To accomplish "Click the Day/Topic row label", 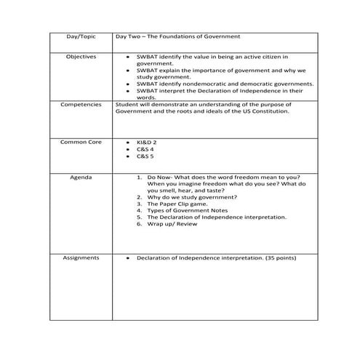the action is click(x=81, y=36).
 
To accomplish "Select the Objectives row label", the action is click(x=81, y=56).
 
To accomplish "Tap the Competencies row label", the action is click(x=81, y=105).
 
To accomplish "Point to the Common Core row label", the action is click(x=81, y=142).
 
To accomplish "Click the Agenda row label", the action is click(x=81, y=177).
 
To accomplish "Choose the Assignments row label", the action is click(x=81, y=257).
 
